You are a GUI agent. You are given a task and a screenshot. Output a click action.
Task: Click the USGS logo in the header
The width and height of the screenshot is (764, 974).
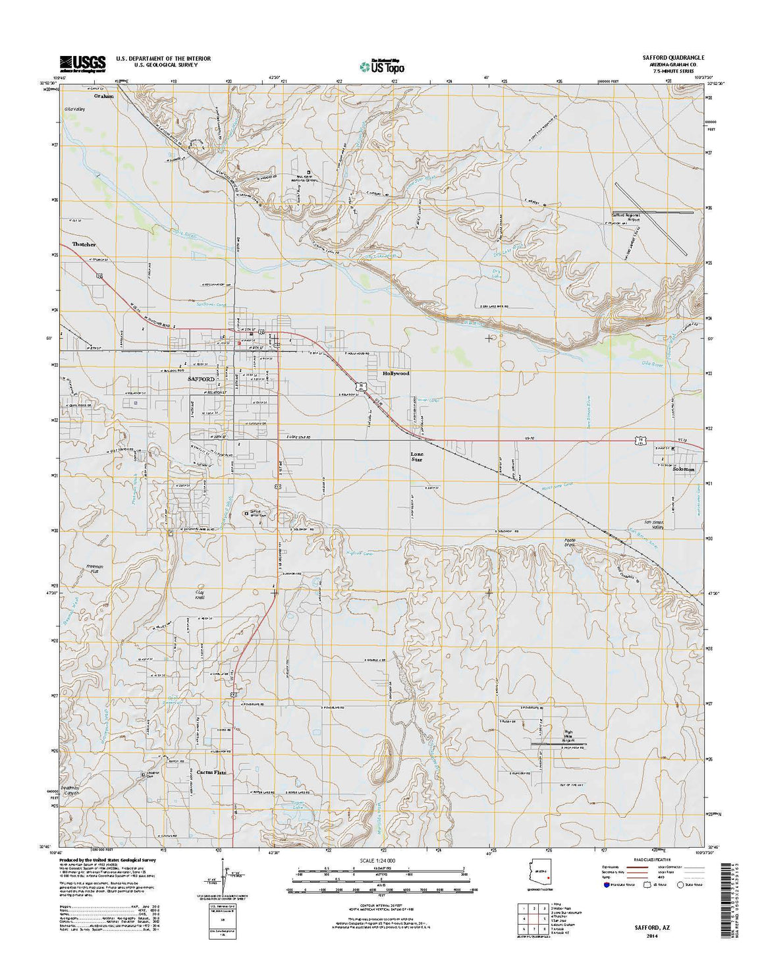pos(82,63)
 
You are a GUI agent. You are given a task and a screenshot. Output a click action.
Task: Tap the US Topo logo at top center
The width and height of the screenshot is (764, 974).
pos(382,65)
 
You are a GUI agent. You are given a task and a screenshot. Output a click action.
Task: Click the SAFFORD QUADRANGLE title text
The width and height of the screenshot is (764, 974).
pos(673,58)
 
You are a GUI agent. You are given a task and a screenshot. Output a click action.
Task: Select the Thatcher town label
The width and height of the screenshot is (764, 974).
pos(84,244)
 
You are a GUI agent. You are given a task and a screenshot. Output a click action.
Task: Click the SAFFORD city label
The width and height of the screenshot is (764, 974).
pos(201,380)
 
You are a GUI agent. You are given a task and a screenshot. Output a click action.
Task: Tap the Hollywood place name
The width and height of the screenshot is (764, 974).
pos(396,373)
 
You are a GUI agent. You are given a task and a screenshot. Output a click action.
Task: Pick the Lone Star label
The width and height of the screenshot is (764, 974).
pos(417,456)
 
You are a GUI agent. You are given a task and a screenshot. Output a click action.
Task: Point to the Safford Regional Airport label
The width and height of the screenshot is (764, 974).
pos(626,217)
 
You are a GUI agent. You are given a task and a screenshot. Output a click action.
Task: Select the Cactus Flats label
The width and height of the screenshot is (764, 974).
pos(211,772)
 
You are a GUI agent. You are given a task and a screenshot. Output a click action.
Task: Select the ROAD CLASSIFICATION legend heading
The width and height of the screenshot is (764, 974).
pos(651,859)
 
